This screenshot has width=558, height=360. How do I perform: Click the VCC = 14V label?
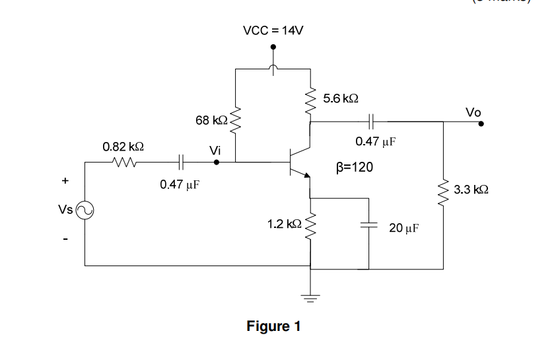point(273,30)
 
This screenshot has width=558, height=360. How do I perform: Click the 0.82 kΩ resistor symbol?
point(123,161)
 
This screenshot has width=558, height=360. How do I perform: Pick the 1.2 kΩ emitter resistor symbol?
point(310,225)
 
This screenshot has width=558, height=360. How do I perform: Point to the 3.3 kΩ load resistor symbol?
point(443,190)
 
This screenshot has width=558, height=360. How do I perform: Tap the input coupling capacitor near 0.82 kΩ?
point(180,161)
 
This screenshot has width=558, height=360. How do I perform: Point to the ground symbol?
point(310,295)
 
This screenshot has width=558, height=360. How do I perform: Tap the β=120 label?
point(355,167)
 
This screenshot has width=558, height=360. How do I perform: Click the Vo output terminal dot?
point(481,122)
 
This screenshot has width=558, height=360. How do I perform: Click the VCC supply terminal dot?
point(273,48)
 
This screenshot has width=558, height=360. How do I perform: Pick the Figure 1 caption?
point(273,326)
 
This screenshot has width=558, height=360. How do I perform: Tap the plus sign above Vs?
point(65,179)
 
